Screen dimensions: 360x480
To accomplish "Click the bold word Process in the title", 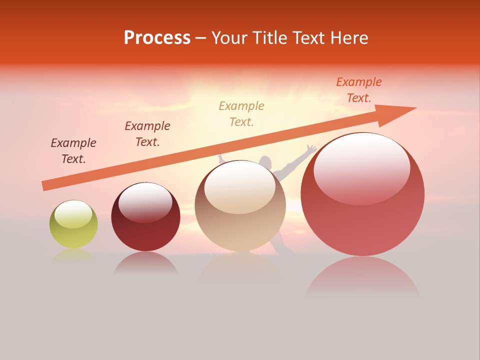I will (157, 38).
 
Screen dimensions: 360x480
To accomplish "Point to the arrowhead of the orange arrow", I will (400, 112).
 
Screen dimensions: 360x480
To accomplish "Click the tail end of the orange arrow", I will (45, 185).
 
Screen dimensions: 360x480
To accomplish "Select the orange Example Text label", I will (358, 90).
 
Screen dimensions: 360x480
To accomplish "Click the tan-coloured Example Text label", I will (241, 113).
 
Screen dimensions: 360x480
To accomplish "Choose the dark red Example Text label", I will (147, 133).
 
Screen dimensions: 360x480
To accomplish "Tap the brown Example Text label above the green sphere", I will (73, 151).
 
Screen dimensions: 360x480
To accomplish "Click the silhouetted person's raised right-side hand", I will (311, 148).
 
